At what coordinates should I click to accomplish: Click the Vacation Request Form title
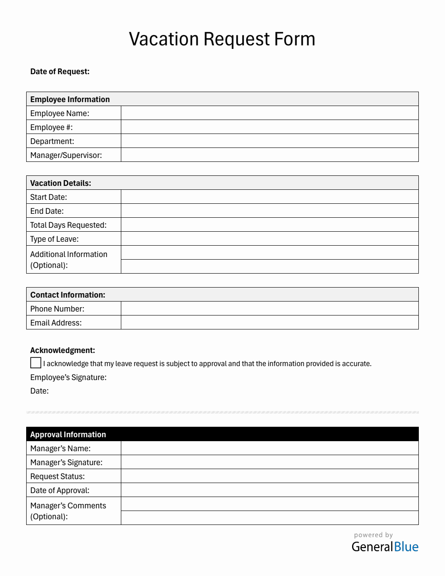222,39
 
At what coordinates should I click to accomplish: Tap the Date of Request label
60,72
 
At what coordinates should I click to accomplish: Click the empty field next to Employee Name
269,113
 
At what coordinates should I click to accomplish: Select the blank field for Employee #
269,127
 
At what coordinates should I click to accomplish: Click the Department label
52,141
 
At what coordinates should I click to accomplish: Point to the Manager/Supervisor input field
269,155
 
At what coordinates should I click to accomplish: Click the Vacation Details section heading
61,183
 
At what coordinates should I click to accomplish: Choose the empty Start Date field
269,197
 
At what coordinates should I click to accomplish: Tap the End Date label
47,211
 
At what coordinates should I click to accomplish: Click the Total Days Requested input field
269,225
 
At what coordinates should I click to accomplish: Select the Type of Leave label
54,239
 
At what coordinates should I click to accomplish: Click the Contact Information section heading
68,295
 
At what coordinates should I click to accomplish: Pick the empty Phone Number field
269,309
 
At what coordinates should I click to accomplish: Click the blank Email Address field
269,322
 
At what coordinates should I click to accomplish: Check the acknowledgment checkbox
36,363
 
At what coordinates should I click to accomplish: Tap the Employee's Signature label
68,377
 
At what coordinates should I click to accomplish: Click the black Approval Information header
222,434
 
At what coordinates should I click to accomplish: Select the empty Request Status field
269,476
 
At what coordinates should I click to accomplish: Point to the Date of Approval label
60,490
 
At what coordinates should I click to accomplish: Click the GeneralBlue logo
385,546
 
